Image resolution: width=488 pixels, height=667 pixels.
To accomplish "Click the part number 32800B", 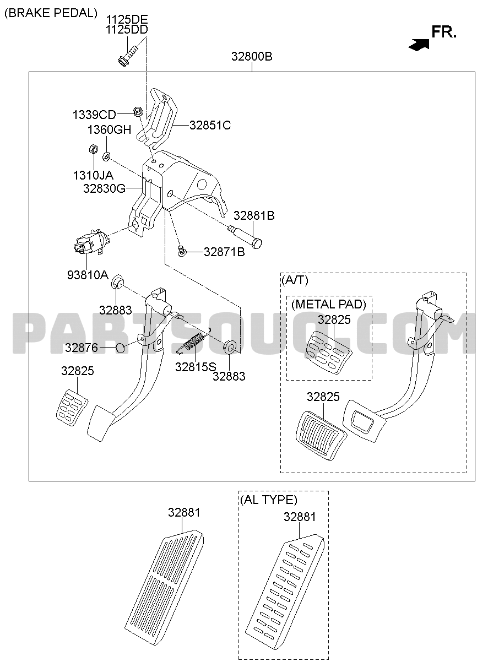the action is [252, 56].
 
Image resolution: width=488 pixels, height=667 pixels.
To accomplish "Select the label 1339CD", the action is [94, 115].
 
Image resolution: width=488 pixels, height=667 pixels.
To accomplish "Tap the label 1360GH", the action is [109, 129].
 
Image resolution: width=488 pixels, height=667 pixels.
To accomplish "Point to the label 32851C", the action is [210, 125].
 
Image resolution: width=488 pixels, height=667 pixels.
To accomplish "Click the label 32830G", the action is [104, 188].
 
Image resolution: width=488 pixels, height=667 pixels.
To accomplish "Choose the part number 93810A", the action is [88, 274].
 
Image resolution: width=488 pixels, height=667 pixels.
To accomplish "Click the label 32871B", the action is [224, 252].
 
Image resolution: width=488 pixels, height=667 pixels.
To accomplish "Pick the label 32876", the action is [82, 347].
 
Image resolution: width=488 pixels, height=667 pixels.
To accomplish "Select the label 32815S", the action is [196, 367].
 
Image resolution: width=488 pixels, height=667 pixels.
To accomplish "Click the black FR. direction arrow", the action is [419, 45].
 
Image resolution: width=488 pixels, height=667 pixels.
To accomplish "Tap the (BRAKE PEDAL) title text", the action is [51, 13].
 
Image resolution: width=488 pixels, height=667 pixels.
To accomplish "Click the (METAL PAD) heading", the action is [329, 304].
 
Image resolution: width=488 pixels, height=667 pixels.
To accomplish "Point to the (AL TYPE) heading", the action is [269, 500].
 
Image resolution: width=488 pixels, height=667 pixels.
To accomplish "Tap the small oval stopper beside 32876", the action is [120, 347].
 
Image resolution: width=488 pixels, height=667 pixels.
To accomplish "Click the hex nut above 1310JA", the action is [94, 149].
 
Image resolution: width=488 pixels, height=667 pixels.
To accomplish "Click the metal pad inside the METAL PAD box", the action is [328, 352].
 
